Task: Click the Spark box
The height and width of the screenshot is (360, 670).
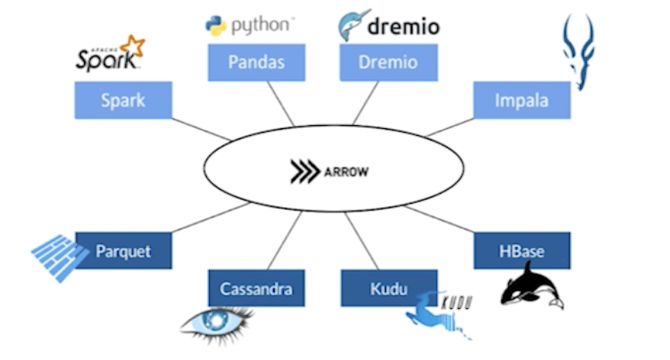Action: tap(123, 100)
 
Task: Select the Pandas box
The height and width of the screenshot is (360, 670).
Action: tap(256, 63)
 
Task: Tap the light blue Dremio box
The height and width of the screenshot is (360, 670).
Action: tap(388, 63)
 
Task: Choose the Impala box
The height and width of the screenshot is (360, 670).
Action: tap(521, 100)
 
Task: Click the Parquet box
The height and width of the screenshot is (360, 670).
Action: tap(123, 251)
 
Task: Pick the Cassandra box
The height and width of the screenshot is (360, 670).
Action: tap(256, 288)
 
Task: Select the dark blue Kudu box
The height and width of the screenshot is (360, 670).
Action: tap(389, 288)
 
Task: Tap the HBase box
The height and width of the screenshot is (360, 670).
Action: tap(522, 251)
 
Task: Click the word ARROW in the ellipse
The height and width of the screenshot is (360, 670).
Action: tap(346, 172)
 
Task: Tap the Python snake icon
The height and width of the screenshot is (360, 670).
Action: tap(216, 25)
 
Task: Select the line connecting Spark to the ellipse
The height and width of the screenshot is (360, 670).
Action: tap(201, 129)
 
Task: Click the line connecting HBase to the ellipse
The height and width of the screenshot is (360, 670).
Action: tap(438, 219)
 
